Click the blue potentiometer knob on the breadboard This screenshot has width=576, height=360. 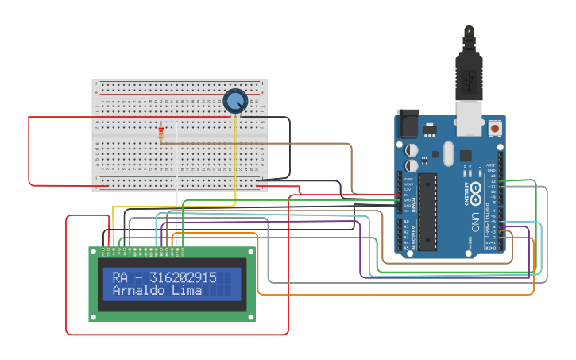(235, 101)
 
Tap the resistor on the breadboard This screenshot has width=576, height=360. (162, 133)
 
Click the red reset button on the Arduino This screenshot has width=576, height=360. (495, 127)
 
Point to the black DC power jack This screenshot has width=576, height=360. (407, 123)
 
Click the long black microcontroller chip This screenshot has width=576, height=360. (427, 211)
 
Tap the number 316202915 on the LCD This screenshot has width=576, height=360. (183, 277)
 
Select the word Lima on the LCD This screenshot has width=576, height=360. (188, 291)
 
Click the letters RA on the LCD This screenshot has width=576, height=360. (120, 277)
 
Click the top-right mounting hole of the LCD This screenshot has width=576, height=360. (252, 252)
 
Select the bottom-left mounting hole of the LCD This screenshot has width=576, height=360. (92, 316)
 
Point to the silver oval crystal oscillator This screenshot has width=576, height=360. (447, 153)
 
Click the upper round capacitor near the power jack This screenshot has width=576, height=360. (412, 149)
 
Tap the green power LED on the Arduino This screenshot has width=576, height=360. (471, 240)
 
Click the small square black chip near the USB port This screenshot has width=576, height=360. (465, 155)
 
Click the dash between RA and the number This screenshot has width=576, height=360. (139, 278)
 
